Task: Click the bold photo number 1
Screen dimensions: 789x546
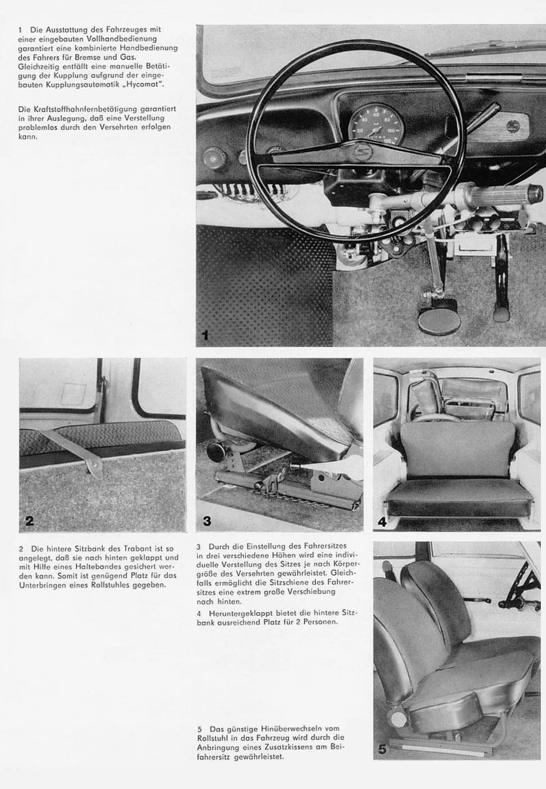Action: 205,335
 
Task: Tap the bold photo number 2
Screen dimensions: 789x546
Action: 29,521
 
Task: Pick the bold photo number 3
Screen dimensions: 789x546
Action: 207,521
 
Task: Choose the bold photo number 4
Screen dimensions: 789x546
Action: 382,522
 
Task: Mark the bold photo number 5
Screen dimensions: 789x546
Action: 383,749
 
